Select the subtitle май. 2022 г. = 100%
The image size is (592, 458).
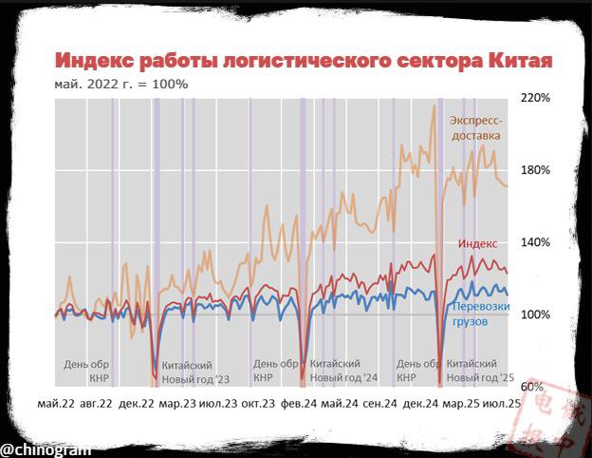pos(121,84)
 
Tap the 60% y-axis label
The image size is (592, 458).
pos(532,387)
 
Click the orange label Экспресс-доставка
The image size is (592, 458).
pos(475,128)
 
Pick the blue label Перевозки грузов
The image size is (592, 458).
pos(481,315)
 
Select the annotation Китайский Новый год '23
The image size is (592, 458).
pos(195,372)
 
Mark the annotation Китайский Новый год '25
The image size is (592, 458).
pos(479,371)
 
